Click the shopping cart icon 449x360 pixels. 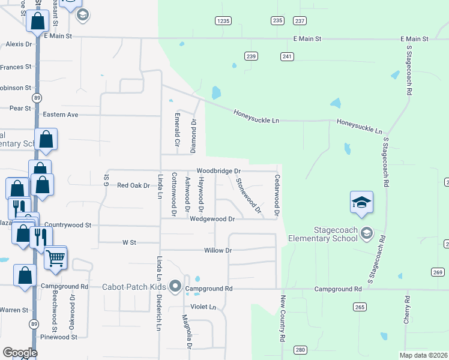tap(55, 259)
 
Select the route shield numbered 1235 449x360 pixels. tap(223, 21)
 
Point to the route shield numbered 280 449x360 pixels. tap(300, 350)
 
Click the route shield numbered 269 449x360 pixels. tap(439, 272)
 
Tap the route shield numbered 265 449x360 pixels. tap(360, 307)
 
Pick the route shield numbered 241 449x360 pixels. tap(287, 56)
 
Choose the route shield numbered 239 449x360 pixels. tap(252, 56)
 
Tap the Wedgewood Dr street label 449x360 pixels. tap(212, 219)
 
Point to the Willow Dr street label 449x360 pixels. tap(218, 250)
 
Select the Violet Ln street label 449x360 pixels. tap(203, 307)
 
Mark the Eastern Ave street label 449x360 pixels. tap(61, 114)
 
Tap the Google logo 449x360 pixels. tap(19, 353)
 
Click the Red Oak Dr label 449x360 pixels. tap(133, 185)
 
